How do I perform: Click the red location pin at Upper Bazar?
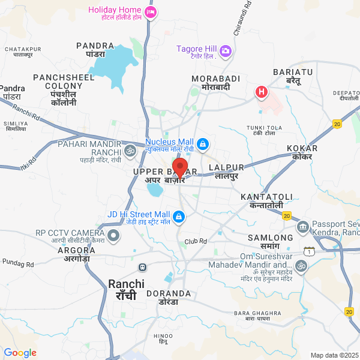click(x=180, y=167)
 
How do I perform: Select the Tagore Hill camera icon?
click(x=226, y=50)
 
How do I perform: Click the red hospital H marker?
click(x=262, y=92)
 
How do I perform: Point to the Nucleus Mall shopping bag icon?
click(x=203, y=144)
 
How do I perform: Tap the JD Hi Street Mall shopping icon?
click(x=178, y=216)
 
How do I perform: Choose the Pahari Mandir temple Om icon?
click(x=130, y=149)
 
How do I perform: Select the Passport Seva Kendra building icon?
click(x=302, y=227)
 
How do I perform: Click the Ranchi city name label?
click(x=126, y=284)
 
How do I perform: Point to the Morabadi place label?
click(x=216, y=79)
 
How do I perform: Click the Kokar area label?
click(x=302, y=148)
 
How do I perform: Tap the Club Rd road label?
click(x=196, y=241)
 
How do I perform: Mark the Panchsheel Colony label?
click(x=64, y=82)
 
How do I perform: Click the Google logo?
click(x=20, y=353)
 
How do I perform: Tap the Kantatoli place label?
click(x=266, y=197)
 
